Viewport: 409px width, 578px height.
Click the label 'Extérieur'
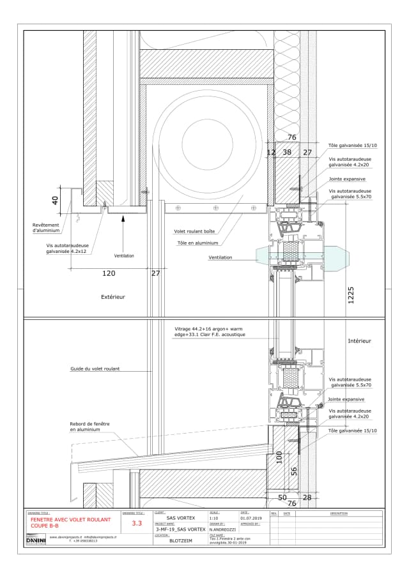click(x=112, y=297)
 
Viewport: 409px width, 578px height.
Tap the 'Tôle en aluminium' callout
click(x=197, y=243)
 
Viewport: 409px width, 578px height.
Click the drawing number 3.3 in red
click(x=136, y=523)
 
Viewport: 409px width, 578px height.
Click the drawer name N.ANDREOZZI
click(x=224, y=529)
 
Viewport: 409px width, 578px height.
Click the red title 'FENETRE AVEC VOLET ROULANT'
click(x=70, y=520)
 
